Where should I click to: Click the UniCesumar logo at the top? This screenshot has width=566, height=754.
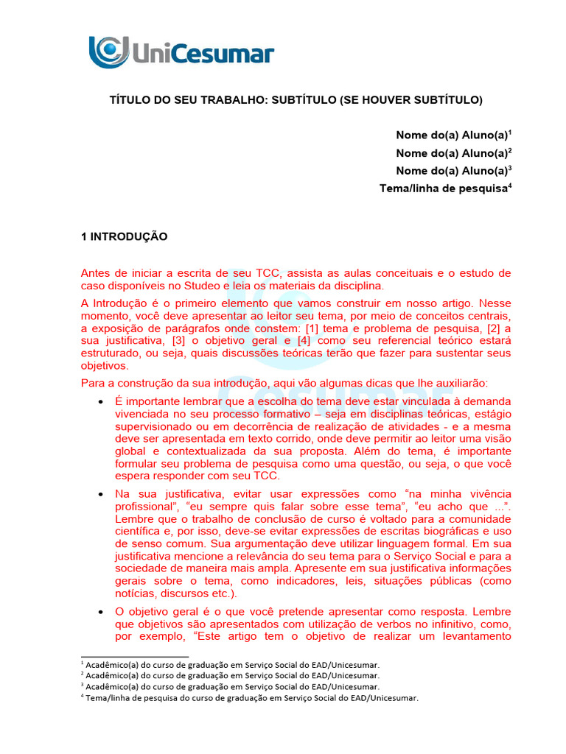(x=181, y=52)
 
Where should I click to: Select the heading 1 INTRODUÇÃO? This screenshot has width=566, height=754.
(x=124, y=236)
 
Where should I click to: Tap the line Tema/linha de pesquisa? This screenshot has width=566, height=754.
(x=444, y=188)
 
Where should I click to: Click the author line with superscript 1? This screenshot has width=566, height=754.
(x=453, y=135)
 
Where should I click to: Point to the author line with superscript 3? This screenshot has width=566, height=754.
(x=453, y=171)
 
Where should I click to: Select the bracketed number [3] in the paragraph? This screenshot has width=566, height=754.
(x=179, y=341)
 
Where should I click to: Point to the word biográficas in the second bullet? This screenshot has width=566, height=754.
(x=448, y=531)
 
